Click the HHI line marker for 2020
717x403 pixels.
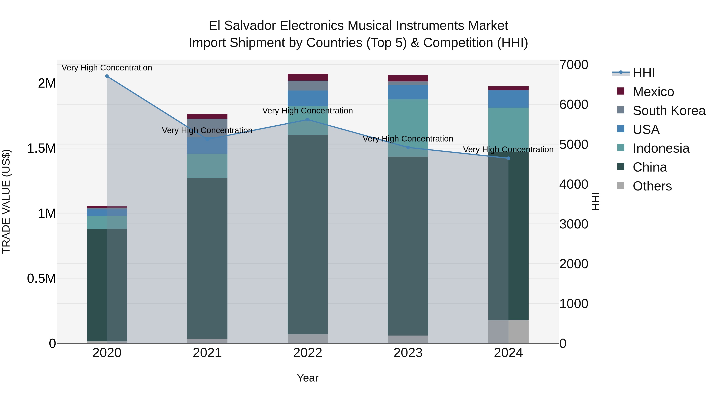coord(107,76)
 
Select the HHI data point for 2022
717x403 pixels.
coord(308,120)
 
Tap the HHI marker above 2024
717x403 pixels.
coord(508,158)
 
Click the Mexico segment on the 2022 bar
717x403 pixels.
coord(308,77)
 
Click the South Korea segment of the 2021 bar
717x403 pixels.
coord(207,128)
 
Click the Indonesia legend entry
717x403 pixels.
coord(661,148)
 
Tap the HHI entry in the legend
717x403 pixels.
coord(644,73)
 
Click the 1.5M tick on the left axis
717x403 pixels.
coord(41,148)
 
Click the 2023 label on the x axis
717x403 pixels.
coord(408,353)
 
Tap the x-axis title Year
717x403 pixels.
coord(308,378)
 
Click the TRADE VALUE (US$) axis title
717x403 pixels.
coord(6,201)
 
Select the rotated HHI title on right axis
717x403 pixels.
coord(596,201)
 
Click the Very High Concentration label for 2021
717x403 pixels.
coord(207,130)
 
